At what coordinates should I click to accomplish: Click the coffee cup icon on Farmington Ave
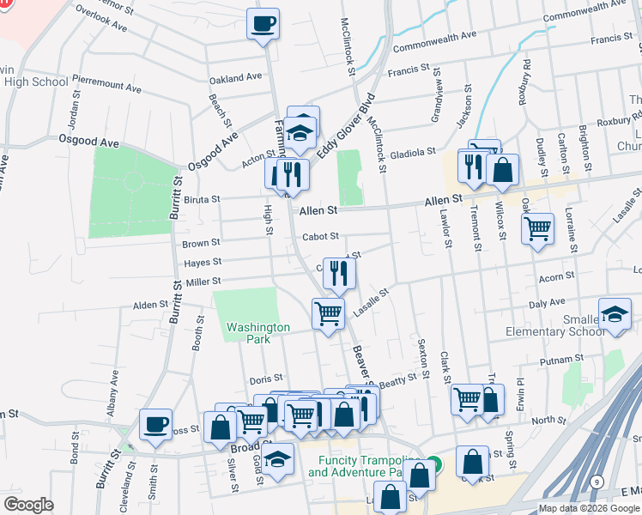click(x=263, y=23)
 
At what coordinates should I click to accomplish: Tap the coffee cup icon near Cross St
click(x=155, y=424)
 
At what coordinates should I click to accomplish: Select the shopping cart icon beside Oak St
click(x=537, y=229)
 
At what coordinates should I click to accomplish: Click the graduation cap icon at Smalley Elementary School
click(x=615, y=314)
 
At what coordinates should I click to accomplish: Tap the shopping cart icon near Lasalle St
click(x=328, y=313)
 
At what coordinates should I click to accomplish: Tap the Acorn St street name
click(x=550, y=277)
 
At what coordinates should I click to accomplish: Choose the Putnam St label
click(x=563, y=359)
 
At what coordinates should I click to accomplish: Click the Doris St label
click(x=266, y=379)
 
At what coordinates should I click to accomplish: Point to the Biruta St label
click(x=203, y=197)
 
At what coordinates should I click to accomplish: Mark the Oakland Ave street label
click(x=235, y=78)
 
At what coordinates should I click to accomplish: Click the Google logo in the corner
click(x=28, y=504)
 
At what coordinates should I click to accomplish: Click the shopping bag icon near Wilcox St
click(x=502, y=170)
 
